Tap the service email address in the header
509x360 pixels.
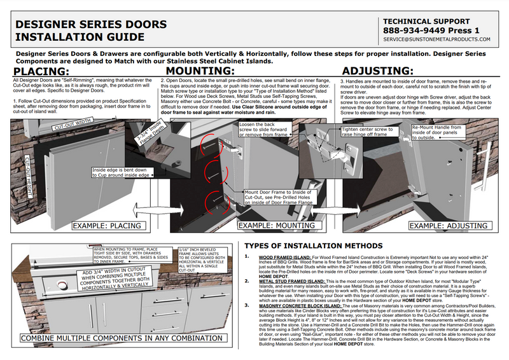coord(437,39)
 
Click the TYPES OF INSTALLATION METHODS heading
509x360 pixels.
coord(313,246)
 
